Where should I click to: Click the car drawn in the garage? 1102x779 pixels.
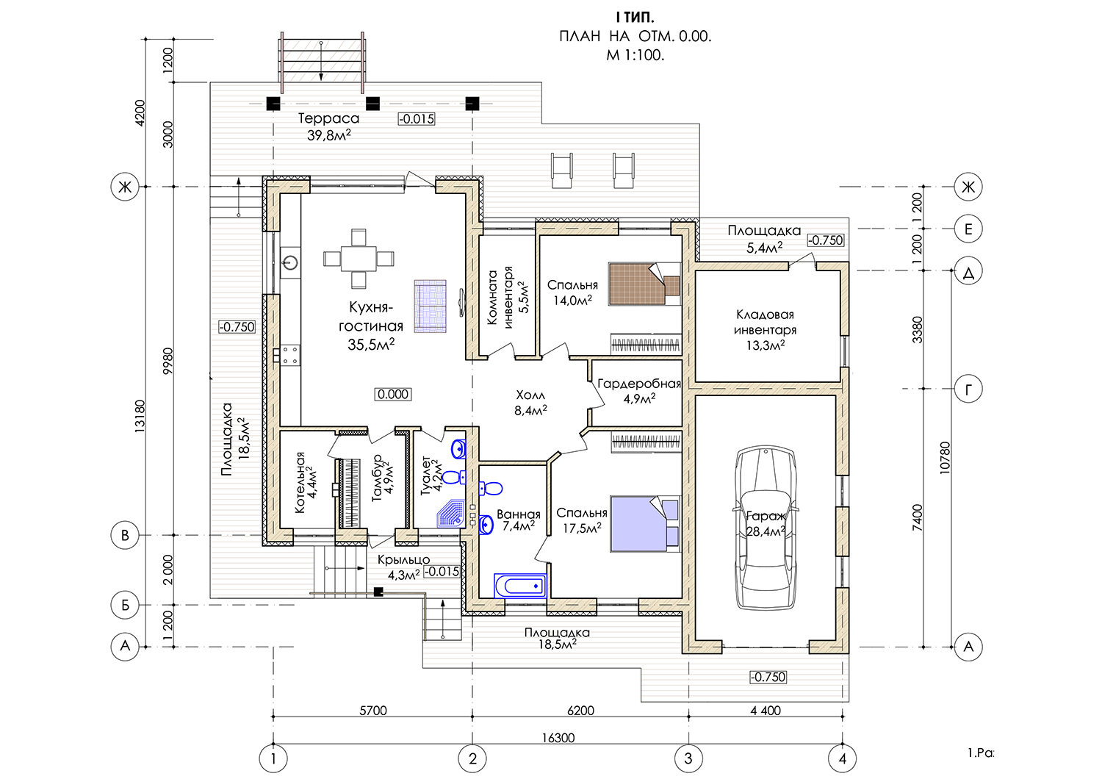pos(765,528)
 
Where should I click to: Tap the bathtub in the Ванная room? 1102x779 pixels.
pos(520,586)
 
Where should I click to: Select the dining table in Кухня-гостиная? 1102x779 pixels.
pos(359,259)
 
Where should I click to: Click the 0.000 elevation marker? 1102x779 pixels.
pos(393,394)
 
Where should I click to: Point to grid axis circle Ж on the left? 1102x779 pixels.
pos(125,187)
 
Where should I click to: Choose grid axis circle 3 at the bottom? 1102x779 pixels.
pos(688,758)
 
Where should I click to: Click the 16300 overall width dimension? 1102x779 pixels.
pos(558,738)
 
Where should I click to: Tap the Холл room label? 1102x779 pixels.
pos(530,395)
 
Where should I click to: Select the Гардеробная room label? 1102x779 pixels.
pos(639,384)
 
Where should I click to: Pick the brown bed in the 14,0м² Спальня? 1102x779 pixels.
pos(645,284)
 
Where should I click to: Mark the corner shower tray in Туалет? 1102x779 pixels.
pos(451,514)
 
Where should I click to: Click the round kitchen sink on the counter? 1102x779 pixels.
pos(290,262)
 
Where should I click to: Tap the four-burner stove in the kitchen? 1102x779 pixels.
pos(289,355)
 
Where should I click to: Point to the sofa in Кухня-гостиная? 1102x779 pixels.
pos(430,306)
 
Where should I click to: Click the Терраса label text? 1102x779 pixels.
pos(328,118)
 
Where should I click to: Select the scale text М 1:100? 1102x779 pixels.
pos(635,55)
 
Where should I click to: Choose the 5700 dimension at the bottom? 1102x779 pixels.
pos(373,710)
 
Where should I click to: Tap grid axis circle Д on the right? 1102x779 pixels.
pos(968,270)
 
